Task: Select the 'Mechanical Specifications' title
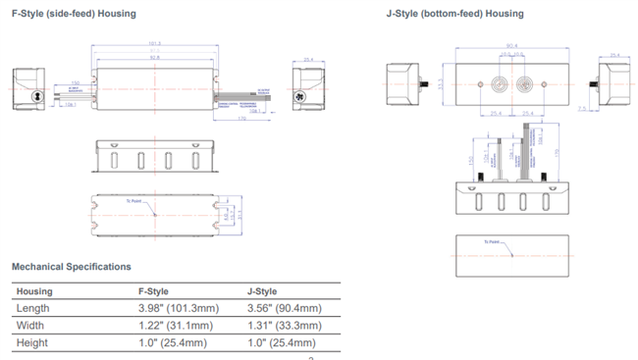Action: pyautogui.click(x=71, y=267)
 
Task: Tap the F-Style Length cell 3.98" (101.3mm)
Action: pyautogui.click(x=178, y=308)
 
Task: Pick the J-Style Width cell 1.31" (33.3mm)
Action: pyautogui.click(x=284, y=326)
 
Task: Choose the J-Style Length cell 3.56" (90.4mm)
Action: pyautogui.click(x=284, y=308)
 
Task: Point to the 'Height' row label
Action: pyautogui.click(x=32, y=343)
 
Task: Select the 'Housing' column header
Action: pyautogui.click(x=34, y=291)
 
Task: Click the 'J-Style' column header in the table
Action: pyautogui.click(x=263, y=291)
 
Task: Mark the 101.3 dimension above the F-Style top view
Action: pyautogui.click(x=154, y=44)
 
